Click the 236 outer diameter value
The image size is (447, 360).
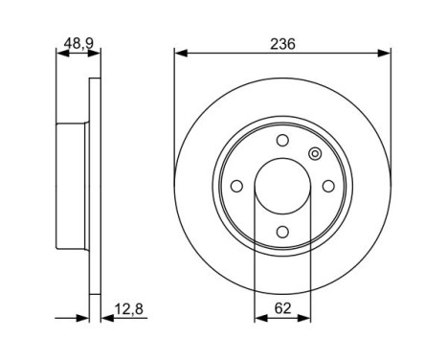(x=281, y=44)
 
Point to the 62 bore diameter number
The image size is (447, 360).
(x=281, y=308)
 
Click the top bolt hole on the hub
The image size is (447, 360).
(x=281, y=142)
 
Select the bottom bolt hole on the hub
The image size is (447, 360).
(x=281, y=231)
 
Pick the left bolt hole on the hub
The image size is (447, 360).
(x=237, y=187)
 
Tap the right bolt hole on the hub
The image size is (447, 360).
(x=326, y=187)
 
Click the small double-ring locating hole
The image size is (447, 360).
(x=314, y=154)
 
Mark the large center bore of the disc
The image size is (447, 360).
(x=281, y=187)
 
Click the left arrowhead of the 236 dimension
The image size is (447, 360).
(x=178, y=54)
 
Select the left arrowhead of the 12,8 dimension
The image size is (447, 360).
(x=84, y=318)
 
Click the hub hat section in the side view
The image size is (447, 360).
(x=73, y=187)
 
